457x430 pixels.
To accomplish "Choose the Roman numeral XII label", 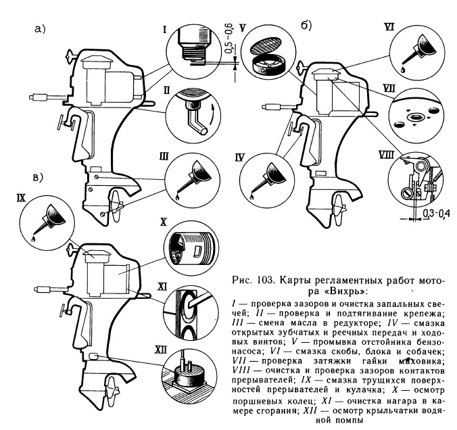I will pyautogui.click(x=160, y=348).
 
